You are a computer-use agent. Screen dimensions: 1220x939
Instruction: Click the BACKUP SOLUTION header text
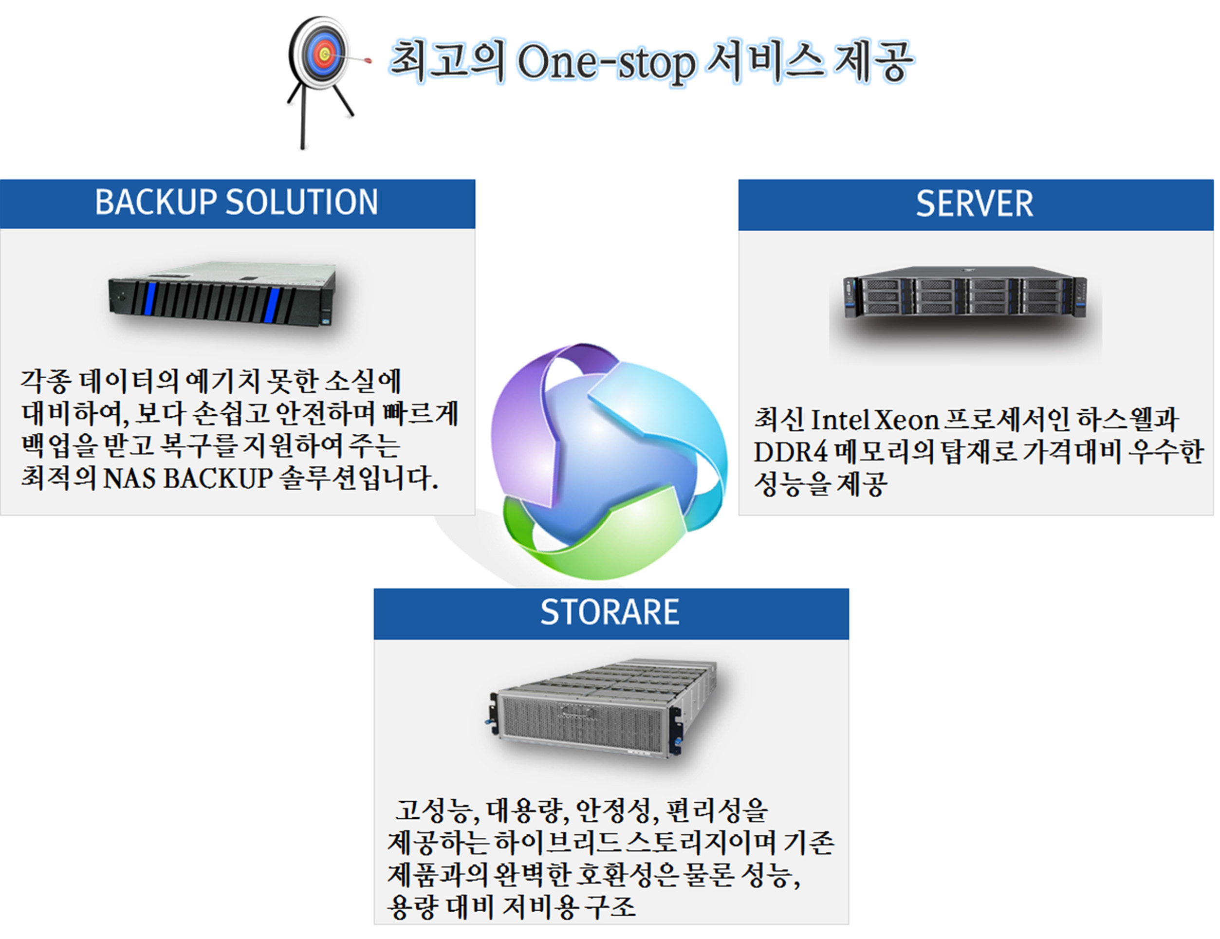(236, 202)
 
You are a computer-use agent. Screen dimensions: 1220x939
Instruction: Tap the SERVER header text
(974, 204)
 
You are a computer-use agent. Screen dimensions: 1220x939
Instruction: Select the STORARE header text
(610, 612)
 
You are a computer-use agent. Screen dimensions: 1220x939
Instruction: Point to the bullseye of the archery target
(325, 55)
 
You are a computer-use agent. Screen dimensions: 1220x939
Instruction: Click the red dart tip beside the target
(367, 60)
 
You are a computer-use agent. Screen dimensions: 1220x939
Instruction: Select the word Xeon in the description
(906, 420)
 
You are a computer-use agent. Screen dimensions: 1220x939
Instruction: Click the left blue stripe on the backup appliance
(150, 298)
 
